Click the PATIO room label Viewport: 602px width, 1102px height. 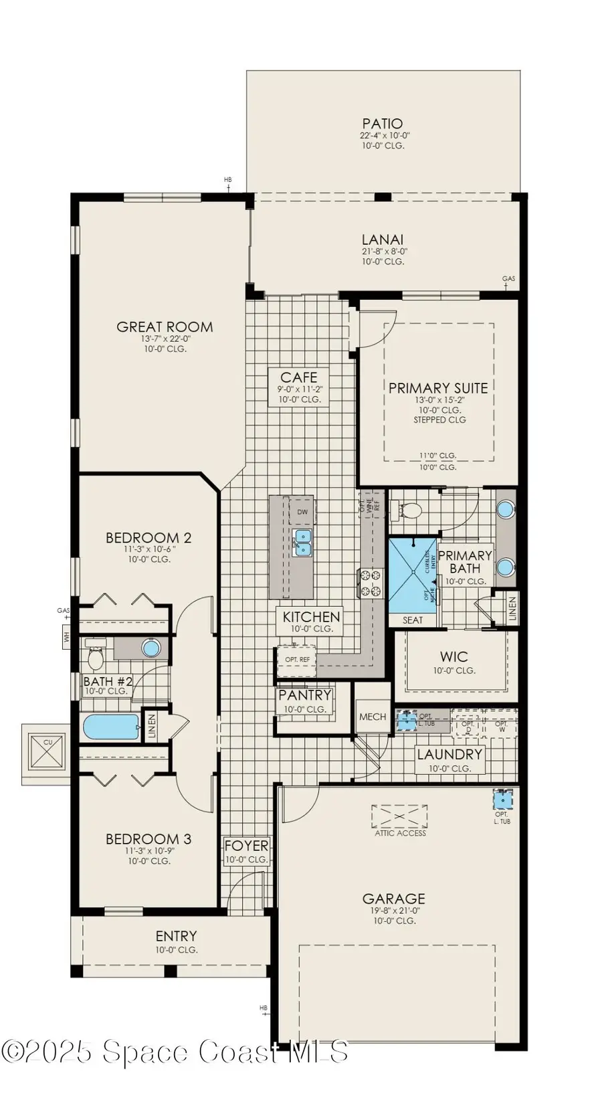[383, 124]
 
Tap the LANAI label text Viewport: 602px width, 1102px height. [383, 240]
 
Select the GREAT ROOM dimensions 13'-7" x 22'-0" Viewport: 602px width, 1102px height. [165, 339]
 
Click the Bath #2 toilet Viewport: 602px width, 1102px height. [96, 658]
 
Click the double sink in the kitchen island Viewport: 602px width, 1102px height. [303, 543]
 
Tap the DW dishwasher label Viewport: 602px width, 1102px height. [302, 513]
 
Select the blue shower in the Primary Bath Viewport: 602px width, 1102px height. [412, 575]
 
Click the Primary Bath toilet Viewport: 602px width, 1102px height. [409, 511]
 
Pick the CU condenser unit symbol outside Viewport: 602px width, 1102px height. [47, 752]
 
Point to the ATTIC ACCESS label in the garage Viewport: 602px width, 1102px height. [400, 833]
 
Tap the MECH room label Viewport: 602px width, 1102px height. [373, 717]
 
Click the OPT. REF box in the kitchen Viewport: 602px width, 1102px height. [297, 660]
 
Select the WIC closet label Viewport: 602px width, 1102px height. [454, 657]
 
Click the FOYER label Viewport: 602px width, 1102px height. [246, 846]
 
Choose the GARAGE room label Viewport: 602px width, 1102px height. [394, 899]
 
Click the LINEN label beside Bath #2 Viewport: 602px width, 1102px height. [152, 725]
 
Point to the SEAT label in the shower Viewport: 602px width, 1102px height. [412, 620]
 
